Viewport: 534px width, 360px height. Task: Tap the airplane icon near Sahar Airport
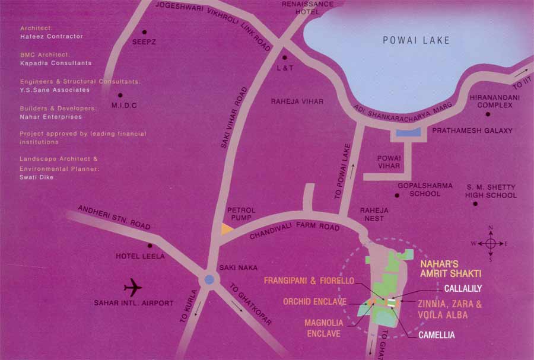[133, 289]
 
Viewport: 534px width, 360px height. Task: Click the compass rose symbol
[491, 243]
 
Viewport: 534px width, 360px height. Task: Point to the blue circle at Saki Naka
[209, 279]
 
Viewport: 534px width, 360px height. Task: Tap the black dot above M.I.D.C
[120, 95]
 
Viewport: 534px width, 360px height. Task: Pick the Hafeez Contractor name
[51, 37]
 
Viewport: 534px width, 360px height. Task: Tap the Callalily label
[463, 288]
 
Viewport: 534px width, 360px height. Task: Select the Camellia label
[436, 335]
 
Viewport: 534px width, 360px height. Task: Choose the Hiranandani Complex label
[491, 101]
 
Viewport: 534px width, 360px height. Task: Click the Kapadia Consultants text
[56, 63]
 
